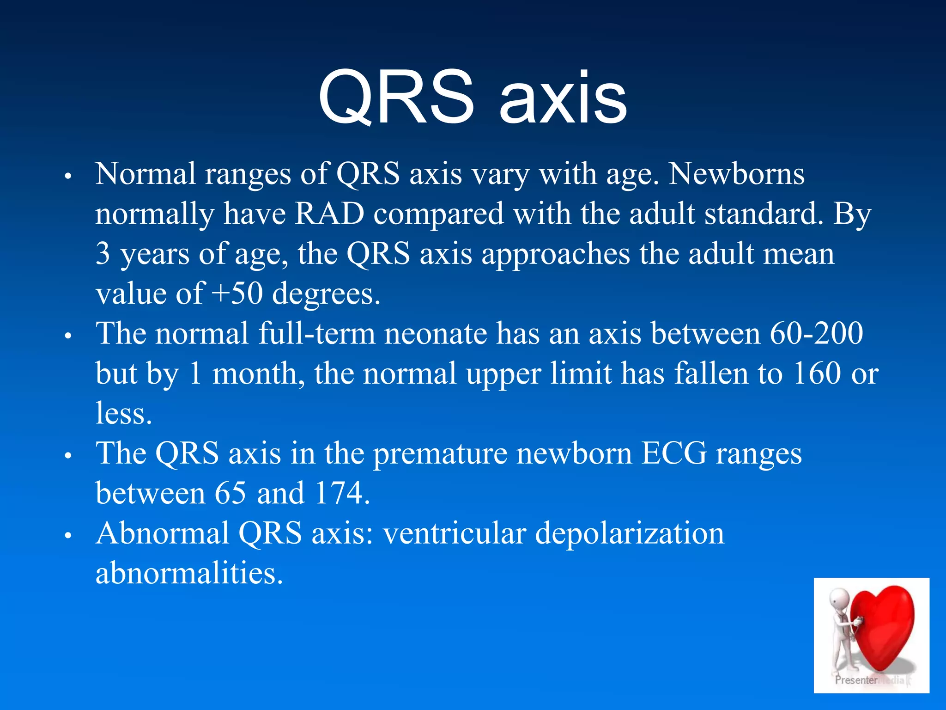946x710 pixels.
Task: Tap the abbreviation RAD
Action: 329,214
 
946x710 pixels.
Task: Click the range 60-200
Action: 816,333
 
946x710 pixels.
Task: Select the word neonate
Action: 436,333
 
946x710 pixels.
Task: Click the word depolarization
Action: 630,533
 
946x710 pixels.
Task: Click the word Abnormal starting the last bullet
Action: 162,533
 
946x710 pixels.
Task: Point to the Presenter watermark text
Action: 855,680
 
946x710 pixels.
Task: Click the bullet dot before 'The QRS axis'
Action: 68,455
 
